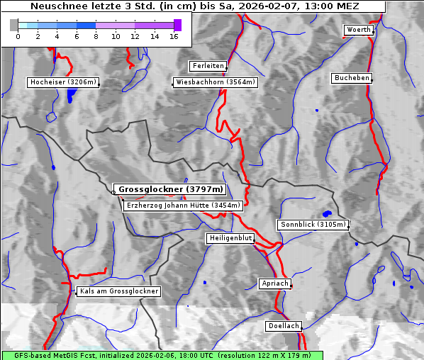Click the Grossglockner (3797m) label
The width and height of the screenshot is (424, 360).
tap(170, 190)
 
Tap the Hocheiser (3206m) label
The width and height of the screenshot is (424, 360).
tap(62, 82)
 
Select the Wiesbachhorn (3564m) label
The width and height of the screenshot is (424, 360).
tap(216, 82)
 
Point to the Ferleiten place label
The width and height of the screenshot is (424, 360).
tap(208, 66)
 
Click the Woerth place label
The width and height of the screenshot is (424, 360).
tap(358, 30)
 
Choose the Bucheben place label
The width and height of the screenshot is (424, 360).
tap(352, 77)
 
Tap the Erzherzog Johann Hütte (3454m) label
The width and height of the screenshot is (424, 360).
tap(183, 206)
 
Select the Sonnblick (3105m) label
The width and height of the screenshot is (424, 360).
tap(313, 225)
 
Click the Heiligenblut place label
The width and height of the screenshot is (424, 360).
tap(230, 238)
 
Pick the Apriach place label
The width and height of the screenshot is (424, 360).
tap(274, 283)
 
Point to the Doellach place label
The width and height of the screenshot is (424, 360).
tap(284, 327)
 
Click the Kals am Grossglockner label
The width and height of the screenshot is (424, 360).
tap(118, 291)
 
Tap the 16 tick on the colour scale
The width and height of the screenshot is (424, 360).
tap(174, 35)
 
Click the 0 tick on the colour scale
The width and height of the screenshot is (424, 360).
tap(18, 35)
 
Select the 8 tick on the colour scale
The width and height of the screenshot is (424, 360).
tap(96, 35)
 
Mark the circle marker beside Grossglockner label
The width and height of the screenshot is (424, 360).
tap(113, 191)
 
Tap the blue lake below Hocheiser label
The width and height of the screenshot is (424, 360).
tap(69, 96)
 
